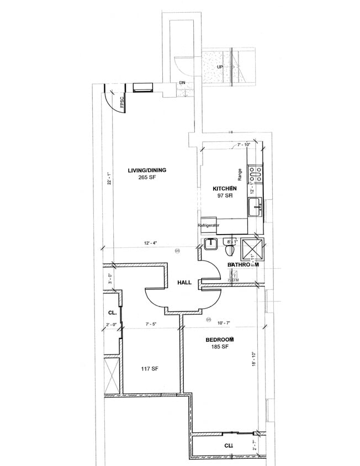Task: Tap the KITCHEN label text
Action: coord(225,189)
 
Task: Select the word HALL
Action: coord(184,283)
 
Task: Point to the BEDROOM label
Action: coord(220,338)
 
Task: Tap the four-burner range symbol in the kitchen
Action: coord(256,175)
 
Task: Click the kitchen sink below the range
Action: coord(255,208)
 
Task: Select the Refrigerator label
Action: coord(209,225)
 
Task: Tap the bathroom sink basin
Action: coord(210,244)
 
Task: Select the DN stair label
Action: coord(182,83)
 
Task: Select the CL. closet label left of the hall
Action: coord(111,313)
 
